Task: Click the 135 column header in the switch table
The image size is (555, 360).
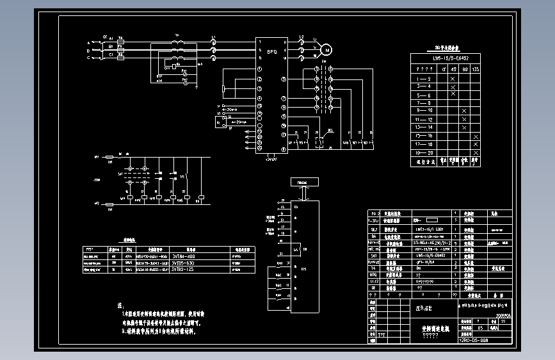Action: point(475,69)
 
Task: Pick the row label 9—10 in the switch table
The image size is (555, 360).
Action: point(424,111)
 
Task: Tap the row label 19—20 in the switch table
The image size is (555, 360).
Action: point(424,152)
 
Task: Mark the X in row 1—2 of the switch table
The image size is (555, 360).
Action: point(453,78)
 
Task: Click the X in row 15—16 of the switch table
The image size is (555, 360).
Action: point(475,136)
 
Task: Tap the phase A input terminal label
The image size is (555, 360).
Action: point(89,42)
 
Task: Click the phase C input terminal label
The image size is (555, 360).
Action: point(89,58)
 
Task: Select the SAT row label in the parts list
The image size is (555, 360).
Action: point(374,255)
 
